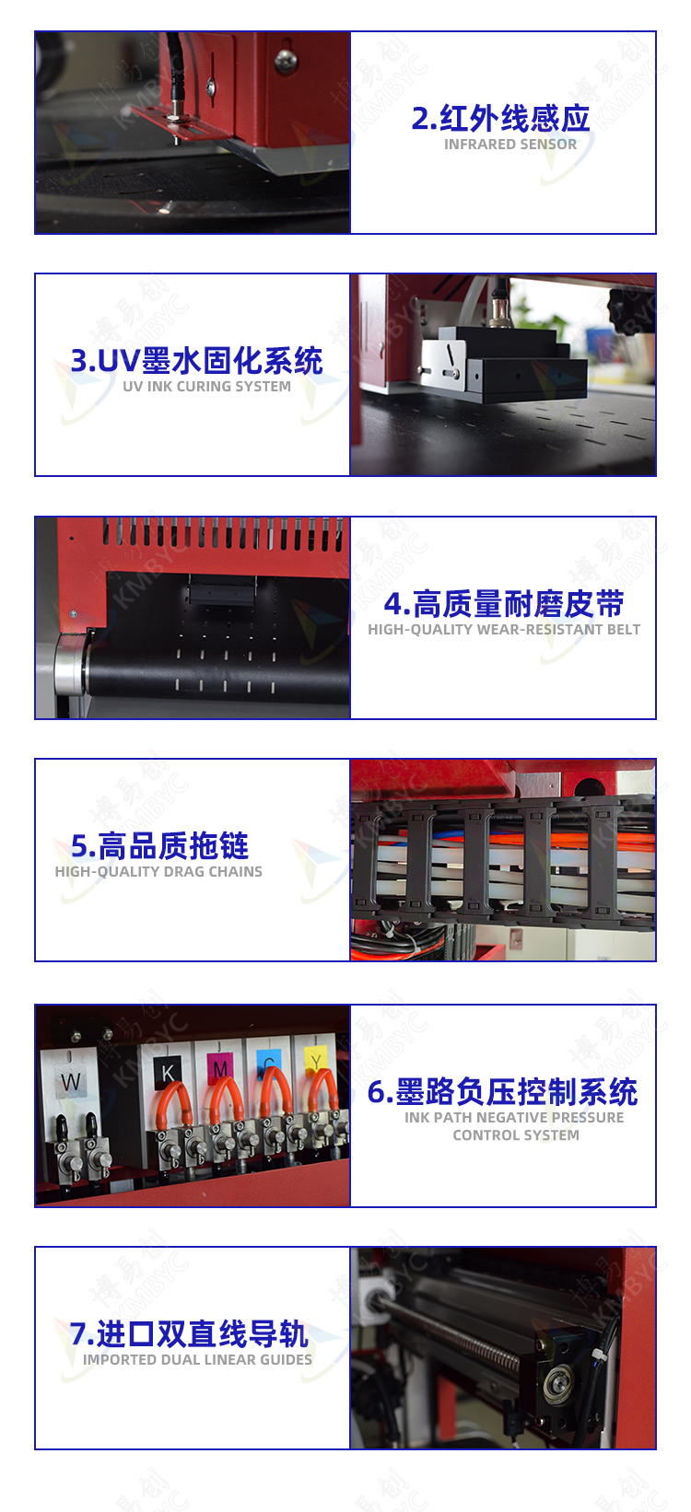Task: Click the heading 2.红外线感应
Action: [500, 118]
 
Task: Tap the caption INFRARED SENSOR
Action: [510, 144]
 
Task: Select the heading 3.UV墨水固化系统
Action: [196, 360]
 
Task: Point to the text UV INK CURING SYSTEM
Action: [206, 386]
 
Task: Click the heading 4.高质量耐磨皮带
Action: [503, 603]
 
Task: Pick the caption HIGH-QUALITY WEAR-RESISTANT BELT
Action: [504, 629]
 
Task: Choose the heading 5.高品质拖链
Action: [159, 845]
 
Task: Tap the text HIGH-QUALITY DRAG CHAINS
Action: [158, 871]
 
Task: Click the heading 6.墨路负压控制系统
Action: [502, 1091]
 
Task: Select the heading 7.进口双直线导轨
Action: [189, 1333]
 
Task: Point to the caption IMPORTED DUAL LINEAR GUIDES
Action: [197, 1359]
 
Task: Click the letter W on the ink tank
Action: [70, 1081]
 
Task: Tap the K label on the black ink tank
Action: [168, 1072]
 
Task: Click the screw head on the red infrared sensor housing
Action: [285, 62]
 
